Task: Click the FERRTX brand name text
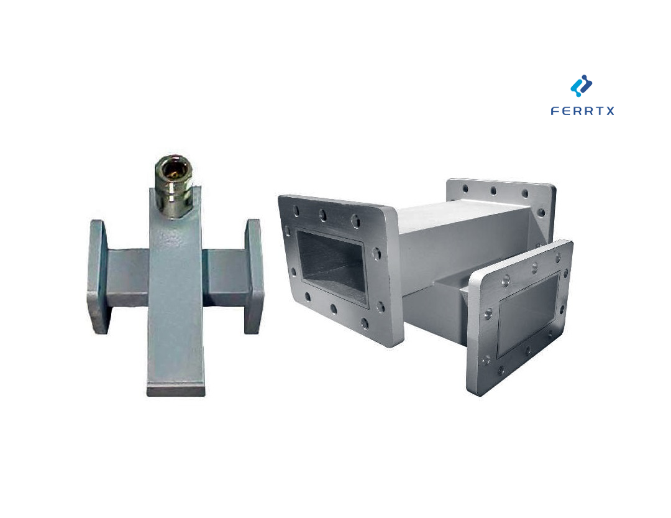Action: coord(582,111)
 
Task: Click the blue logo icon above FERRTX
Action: coord(582,86)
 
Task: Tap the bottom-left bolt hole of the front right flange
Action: coord(487,361)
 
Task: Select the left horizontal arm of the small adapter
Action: coord(128,277)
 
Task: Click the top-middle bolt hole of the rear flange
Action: coord(493,191)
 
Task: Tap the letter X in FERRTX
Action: coord(610,111)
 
